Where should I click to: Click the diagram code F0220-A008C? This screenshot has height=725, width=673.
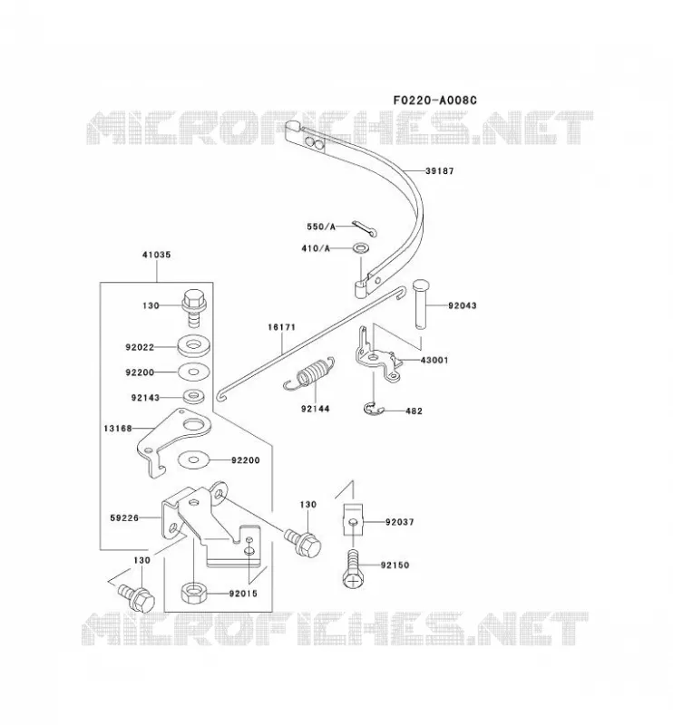[434, 100]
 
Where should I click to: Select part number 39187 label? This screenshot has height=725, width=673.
[440, 171]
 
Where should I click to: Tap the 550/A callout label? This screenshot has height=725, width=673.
[321, 227]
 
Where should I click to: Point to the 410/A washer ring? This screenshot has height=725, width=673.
[361, 248]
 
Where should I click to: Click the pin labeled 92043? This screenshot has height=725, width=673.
[419, 304]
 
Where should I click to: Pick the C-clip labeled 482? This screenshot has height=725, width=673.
[374, 409]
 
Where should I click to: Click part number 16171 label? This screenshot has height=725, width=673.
[281, 327]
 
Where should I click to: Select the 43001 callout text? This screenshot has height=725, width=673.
[434, 360]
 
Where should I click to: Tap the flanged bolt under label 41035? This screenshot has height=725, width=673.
[193, 307]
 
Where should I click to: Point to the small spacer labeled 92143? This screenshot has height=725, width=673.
[193, 396]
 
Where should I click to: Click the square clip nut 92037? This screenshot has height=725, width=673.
[353, 519]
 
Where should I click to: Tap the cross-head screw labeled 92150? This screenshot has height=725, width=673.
[353, 569]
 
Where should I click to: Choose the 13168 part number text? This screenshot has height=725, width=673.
[118, 429]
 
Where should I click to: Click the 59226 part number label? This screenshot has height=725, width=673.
[124, 518]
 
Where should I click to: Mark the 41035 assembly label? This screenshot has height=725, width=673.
[156, 255]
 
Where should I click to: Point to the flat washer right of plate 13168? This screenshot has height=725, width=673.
[193, 459]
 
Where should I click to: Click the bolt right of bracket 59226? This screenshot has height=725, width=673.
[303, 542]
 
